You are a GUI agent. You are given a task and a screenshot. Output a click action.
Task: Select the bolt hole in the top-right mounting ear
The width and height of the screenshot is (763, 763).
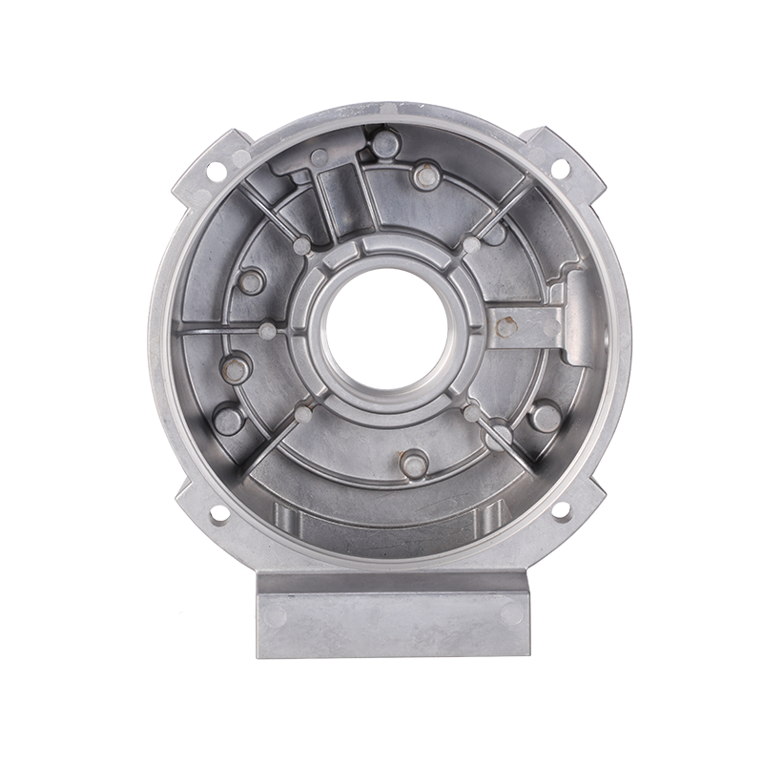pyautogui.click(x=561, y=168)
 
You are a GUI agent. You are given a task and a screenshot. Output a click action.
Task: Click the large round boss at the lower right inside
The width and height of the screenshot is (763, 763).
pyautogui.click(x=541, y=417)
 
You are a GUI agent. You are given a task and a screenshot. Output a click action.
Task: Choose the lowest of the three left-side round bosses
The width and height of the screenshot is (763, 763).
pyautogui.click(x=227, y=419)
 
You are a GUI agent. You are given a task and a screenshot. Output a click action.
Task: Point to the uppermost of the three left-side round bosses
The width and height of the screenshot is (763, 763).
pyautogui.click(x=254, y=282)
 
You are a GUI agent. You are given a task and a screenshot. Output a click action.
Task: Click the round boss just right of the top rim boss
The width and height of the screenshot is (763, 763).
pyautogui.click(x=426, y=175)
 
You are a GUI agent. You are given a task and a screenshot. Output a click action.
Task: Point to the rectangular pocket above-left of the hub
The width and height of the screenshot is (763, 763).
pyautogui.click(x=338, y=201)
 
